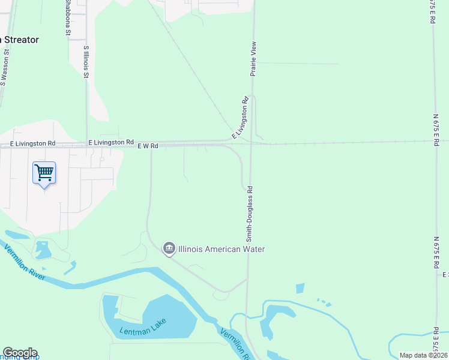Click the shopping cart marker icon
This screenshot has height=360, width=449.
(44, 173)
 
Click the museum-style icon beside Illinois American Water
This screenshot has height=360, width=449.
(169, 248)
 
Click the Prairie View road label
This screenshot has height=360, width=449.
(253, 58)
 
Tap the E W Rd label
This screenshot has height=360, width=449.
(147, 146)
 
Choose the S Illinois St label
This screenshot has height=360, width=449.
(86, 62)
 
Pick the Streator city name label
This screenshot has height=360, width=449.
(21, 40)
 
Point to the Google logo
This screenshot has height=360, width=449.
(19, 353)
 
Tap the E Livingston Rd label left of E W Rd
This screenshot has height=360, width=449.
(110, 142)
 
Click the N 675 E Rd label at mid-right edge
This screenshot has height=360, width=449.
(437, 120)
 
